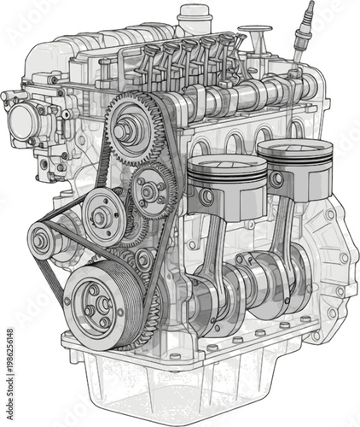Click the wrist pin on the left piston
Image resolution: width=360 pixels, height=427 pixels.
206,196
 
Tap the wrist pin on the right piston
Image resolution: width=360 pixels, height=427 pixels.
276,179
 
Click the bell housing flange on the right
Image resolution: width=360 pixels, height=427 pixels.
337,256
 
